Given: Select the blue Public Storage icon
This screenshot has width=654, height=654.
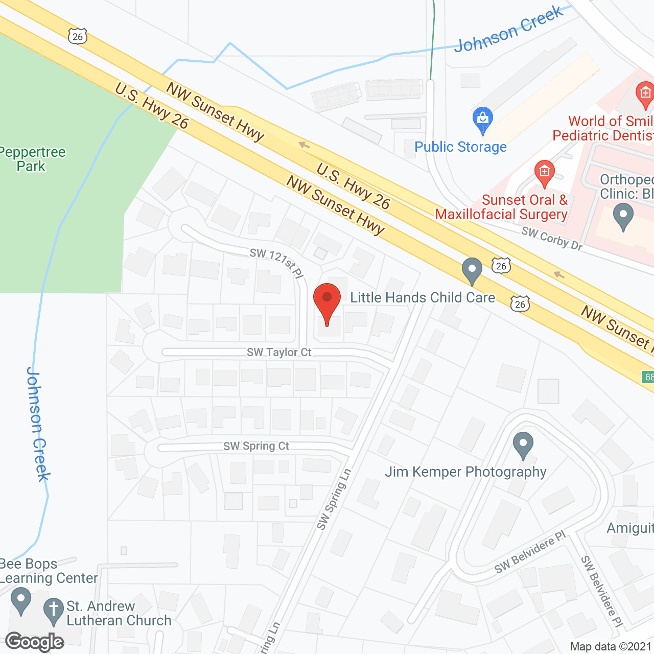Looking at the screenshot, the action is click(482, 121).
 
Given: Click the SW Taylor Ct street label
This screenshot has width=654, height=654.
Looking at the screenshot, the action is click(279, 352).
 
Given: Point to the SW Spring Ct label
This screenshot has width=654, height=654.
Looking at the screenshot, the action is click(256, 446).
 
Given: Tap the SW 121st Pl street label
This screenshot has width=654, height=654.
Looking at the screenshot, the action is click(277, 263).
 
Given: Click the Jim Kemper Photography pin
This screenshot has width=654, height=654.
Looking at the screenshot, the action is click(523, 445).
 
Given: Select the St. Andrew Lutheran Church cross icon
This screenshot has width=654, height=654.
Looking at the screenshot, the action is click(53, 611).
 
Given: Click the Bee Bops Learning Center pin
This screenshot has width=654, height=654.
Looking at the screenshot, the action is click(21, 601).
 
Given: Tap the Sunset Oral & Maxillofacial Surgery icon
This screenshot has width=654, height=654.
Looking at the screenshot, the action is click(545, 173).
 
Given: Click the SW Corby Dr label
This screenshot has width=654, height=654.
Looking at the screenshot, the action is click(552, 238).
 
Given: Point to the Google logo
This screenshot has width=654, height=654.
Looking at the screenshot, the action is click(35, 642).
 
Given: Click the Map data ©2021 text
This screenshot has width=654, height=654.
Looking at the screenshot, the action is click(611, 646).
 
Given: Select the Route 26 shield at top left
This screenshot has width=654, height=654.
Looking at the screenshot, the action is click(78, 36).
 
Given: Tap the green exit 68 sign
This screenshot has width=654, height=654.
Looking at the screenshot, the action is click(648, 377).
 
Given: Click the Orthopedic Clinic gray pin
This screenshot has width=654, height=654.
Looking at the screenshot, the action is click(623, 216).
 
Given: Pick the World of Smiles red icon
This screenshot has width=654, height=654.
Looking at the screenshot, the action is click(645, 95).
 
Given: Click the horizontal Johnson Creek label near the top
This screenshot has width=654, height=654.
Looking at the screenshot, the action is click(508, 29).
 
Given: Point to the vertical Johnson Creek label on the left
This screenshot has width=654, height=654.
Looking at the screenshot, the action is click(38, 424).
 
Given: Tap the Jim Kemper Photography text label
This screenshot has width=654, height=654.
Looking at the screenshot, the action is click(465, 472).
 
